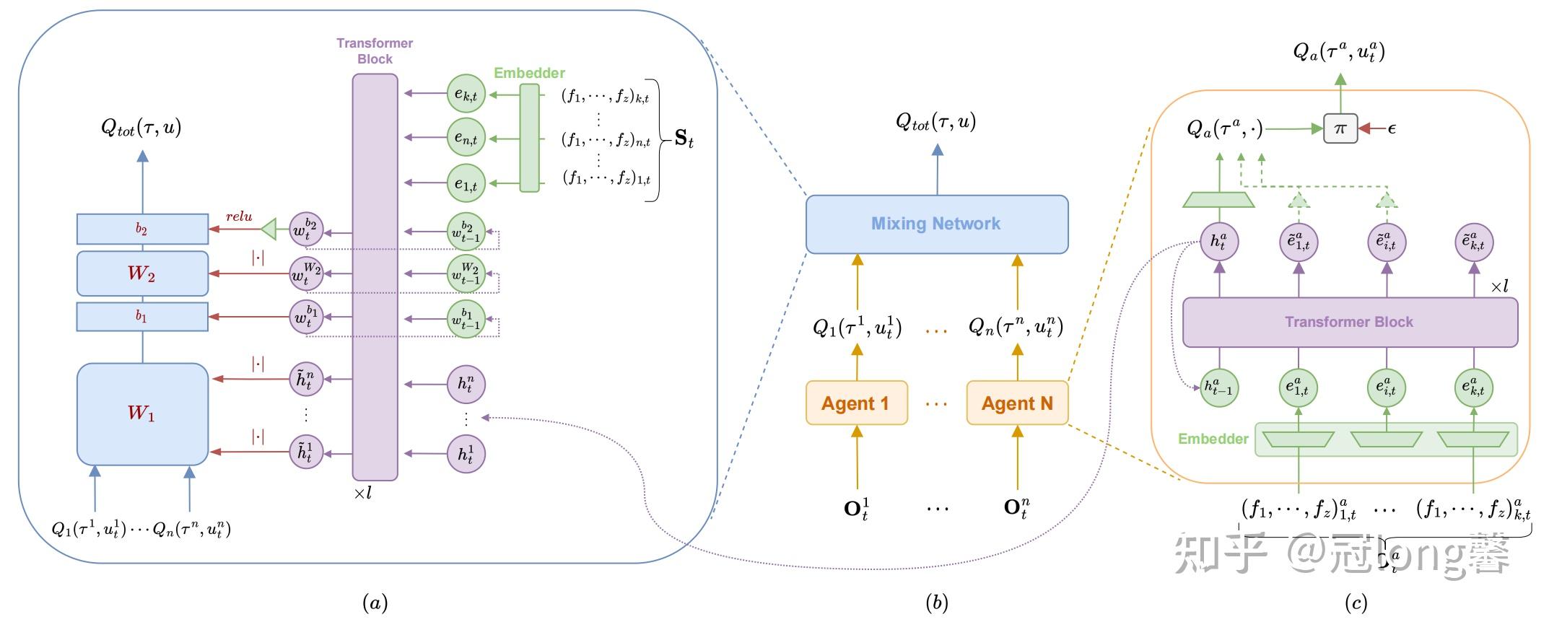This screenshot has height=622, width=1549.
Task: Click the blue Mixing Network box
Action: (936, 224)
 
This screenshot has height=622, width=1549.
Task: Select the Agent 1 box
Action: (856, 403)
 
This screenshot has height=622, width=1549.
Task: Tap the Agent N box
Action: (1017, 403)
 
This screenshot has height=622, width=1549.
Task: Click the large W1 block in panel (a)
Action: (142, 413)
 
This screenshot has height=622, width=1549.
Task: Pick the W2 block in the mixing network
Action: (142, 273)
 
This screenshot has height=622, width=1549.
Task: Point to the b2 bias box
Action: (142, 229)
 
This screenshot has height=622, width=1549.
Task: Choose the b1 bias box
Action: (142, 316)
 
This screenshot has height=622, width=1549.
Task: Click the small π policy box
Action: (1340, 128)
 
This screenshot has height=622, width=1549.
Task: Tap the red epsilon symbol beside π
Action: (1392, 129)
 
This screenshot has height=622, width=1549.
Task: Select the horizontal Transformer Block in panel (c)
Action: (1349, 322)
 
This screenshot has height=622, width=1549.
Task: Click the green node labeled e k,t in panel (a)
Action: (466, 93)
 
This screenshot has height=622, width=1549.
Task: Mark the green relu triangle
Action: (269, 229)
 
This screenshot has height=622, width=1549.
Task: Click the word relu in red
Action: (239, 216)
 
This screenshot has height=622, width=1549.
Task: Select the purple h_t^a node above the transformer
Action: (1219, 242)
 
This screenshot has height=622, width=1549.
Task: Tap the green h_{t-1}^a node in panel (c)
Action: (1219, 387)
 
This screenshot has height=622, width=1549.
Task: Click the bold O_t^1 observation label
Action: (856, 508)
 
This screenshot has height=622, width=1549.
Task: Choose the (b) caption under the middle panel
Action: (936, 603)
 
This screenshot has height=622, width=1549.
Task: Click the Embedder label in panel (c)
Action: (1213, 439)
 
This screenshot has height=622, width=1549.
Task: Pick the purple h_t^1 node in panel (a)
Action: (466, 454)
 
